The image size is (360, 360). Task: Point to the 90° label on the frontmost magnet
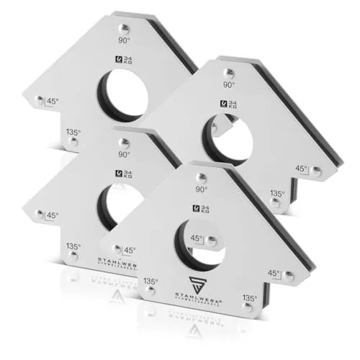point(201,190)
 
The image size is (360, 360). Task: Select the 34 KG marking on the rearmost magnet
point(124,60)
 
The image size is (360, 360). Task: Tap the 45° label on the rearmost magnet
point(52,101)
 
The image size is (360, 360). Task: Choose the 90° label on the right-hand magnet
point(228,85)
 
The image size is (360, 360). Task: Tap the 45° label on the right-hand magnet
point(302,168)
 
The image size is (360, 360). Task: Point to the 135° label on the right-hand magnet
point(276,193)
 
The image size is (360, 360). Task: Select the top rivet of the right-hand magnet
point(228,72)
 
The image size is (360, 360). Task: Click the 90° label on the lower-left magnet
point(125,154)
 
